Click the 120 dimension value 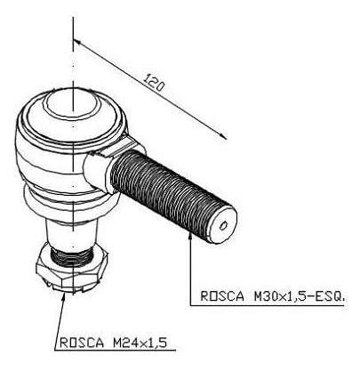(x=155, y=83)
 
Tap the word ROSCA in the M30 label (x=222, y=296)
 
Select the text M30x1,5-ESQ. (x=300, y=296)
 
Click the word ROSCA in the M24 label (x=82, y=343)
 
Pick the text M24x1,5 (x=140, y=343)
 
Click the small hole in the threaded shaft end (x=223, y=226)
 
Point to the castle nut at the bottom (x=71, y=269)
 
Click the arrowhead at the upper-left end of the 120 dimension (x=77, y=44)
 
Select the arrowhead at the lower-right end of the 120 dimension (x=222, y=135)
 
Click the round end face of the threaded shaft (x=223, y=224)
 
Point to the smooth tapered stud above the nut (x=72, y=234)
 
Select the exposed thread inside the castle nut (x=71, y=256)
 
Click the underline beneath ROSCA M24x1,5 (x=116, y=351)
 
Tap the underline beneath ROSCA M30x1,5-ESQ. (x=268, y=305)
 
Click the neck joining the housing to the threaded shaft (x=98, y=172)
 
